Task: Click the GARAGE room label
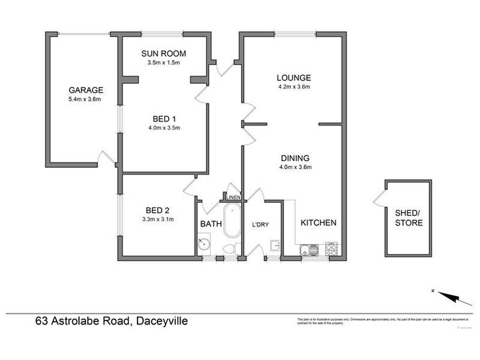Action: click(x=85, y=90)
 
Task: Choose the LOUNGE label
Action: click(x=293, y=77)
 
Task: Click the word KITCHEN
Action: click(x=318, y=223)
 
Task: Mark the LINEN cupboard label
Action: click(x=233, y=197)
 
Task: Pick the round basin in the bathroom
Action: click(x=205, y=244)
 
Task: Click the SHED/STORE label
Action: click(x=409, y=218)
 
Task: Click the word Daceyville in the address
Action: click(x=160, y=322)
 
